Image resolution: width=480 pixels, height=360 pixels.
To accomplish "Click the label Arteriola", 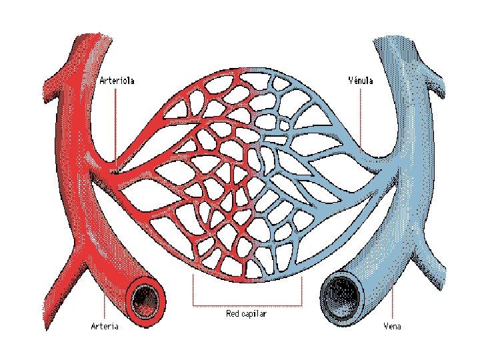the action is point(117,81).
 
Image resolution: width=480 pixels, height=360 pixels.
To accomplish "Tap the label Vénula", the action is point(361,81).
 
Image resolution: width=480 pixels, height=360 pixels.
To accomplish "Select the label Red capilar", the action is point(246,313).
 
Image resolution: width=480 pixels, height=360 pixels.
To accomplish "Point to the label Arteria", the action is point(105,326).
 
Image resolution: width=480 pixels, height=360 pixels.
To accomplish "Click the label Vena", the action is point(392,326).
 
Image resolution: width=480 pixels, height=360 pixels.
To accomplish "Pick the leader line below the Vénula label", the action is point(361,120).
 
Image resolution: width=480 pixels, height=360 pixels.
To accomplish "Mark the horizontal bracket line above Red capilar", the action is point(247,305).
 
